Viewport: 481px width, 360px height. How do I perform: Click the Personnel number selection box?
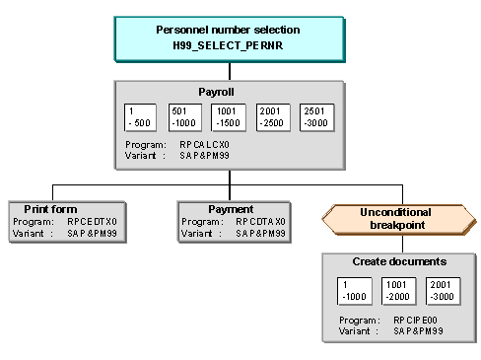tap(230, 39)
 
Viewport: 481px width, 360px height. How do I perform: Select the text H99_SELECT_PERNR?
tap(228, 45)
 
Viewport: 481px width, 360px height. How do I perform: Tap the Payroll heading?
tap(216, 92)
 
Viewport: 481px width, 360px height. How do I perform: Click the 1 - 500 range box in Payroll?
tap(140, 117)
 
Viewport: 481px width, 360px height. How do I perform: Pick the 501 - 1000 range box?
tap(185, 117)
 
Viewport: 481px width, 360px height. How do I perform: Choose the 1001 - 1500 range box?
tap(229, 117)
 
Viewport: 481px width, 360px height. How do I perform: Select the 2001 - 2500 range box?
tap(273, 117)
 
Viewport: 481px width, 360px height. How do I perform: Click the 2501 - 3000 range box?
tap(317, 117)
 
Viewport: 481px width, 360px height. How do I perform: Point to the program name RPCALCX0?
tap(204, 145)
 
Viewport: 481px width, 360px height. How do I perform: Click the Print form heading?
tap(50, 209)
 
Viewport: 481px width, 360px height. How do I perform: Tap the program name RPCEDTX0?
tap(92, 222)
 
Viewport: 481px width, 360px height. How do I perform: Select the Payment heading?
tap(231, 209)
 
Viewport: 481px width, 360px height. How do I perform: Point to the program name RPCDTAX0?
tap(260, 222)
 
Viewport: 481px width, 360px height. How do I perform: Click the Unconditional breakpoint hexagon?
tap(399, 219)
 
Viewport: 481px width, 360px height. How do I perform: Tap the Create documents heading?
tap(399, 261)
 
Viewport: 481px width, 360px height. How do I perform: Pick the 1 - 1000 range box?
tap(355, 291)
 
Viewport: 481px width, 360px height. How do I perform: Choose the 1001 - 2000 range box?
tap(398, 291)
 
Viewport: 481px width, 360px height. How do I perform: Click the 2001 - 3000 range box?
tap(443, 291)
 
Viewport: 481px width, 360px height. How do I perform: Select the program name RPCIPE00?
tap(415, 320)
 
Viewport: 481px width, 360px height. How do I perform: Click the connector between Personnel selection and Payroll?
tap(230, 71)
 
